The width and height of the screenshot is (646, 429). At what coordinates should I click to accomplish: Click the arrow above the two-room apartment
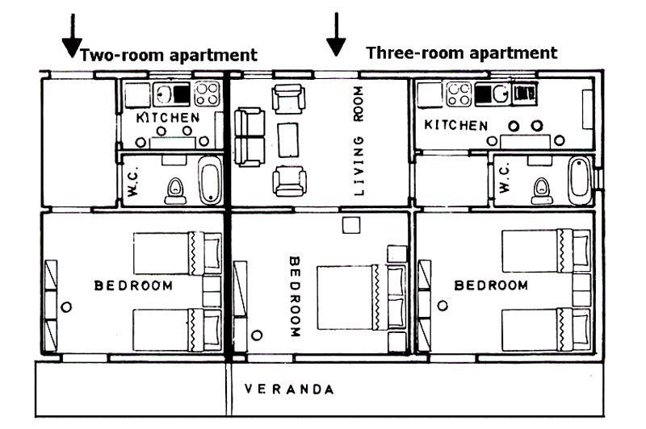click(72, 35)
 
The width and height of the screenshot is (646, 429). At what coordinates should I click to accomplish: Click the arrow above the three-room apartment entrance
click(336, 34)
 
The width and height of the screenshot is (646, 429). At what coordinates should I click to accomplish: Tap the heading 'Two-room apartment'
click(169, 55)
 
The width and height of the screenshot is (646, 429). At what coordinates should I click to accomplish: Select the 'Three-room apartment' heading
click(461, 53)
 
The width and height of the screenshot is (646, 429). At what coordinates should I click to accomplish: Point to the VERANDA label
click(289, 389)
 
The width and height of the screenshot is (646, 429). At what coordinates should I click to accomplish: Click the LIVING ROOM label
click(359, 140)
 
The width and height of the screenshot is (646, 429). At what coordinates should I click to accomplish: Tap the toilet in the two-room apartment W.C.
click(175, 191)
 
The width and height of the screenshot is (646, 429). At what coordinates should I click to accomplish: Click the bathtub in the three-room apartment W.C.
click(580, 180)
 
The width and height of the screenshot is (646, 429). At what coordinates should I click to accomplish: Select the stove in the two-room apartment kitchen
click(207, 94)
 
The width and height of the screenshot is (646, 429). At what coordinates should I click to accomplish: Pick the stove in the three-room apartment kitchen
click(459, 94)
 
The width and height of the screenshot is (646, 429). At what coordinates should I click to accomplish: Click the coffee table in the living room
click(288, 140)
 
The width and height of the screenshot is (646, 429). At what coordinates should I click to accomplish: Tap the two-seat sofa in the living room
click(250, 136)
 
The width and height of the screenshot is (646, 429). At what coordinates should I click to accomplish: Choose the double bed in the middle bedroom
click(361, 297)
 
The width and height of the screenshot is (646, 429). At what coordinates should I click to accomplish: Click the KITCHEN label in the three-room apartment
click(456, 125)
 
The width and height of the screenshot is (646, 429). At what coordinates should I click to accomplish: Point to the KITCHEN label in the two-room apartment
click(168, 118)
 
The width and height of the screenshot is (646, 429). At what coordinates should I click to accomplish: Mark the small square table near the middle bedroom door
click(351, 225)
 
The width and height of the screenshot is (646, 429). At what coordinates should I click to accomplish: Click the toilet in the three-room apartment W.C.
click(542, 191)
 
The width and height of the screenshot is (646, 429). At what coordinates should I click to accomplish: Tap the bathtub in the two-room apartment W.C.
click(211, 180)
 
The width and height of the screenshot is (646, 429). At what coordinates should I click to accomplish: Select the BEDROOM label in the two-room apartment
click(133, 285)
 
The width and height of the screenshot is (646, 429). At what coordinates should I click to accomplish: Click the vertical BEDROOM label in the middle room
click(294, 297)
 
